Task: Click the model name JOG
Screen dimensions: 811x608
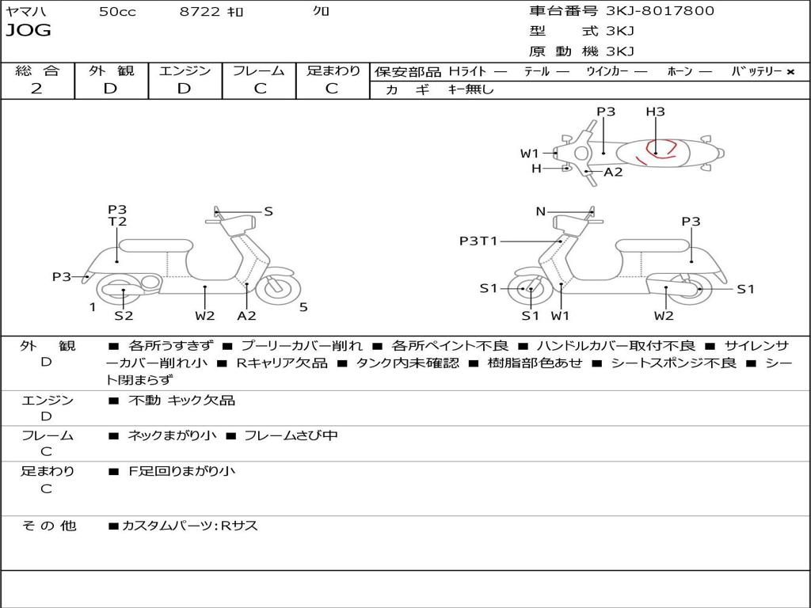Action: click(x=29, y=31)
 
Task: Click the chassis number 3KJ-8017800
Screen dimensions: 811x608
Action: click(x=660, y=11)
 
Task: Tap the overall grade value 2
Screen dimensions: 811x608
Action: click(x=36, y=89)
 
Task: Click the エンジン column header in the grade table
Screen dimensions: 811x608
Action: click(x=185, y=70)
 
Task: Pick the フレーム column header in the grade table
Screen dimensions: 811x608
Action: click(x=259, y=70)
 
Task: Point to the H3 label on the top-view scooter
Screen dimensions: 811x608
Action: click(x=655, y=112)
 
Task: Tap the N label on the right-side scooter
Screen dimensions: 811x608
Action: click(x=541, y=211)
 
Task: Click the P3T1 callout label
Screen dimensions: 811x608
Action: click(x=478, y=241)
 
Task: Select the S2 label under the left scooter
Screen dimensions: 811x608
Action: click(x=124, y=316)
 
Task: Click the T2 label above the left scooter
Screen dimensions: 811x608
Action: click(x=117, y=222)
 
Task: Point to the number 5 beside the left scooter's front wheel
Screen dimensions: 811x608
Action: click(x=303, y=307)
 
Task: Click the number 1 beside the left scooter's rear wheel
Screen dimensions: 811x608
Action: click(x=93, y=307)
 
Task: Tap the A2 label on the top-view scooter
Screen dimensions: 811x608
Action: click(x=613, y=172)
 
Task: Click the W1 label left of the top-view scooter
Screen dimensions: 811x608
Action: click(x=529, y=154)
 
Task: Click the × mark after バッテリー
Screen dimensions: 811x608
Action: click(x=790, y=71)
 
